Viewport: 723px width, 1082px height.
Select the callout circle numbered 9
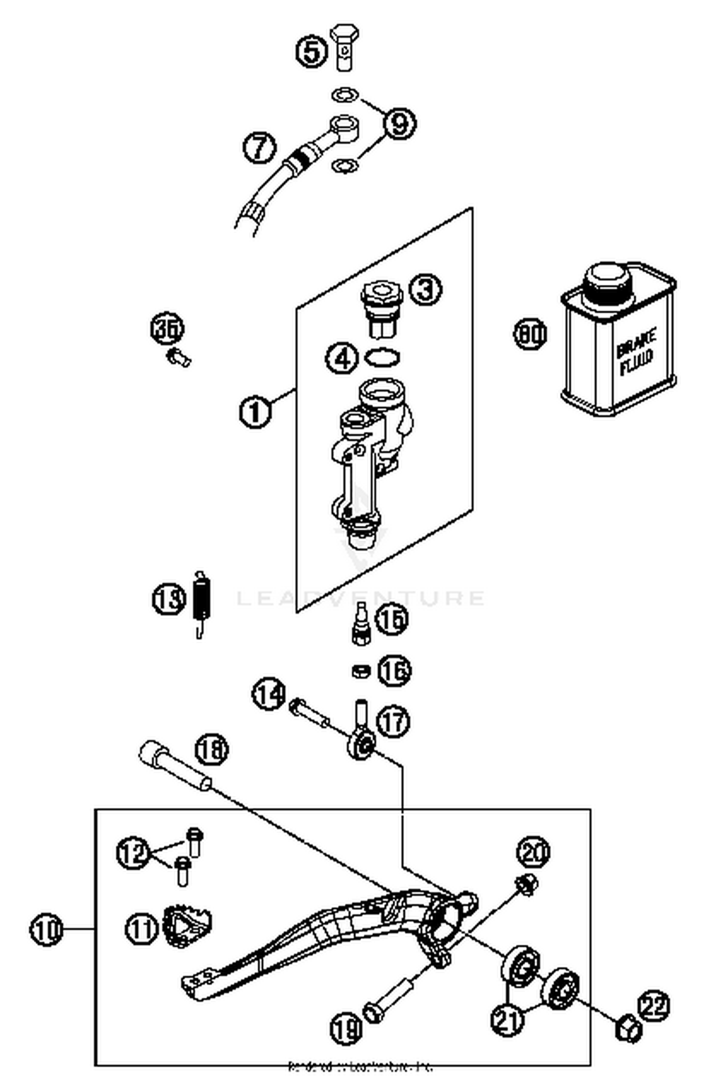pyautogui.click(x=400, y=123)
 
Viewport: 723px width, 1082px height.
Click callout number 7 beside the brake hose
pyautogui.click(x=260, y=147)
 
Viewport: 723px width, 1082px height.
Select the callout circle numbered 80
pyautogui.click(x=530, y=334)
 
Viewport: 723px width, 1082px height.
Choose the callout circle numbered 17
pyautogui.click(x=393, y=721)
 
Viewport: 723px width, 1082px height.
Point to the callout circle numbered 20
pyautogui.click(x=533, y=852)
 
